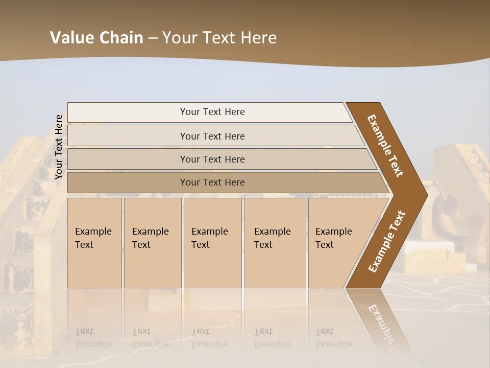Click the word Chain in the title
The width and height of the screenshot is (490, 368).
[121, 38]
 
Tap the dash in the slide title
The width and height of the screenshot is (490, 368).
[153, 38]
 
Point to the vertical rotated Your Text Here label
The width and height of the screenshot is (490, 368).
[59, 147]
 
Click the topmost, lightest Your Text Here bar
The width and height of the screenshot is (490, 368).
[212, 112]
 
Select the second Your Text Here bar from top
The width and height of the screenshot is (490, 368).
[212, 136]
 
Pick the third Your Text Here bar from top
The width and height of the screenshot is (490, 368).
[212, 159]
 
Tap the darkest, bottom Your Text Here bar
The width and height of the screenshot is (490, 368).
[212, 182]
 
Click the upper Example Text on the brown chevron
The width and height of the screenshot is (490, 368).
[385, 145]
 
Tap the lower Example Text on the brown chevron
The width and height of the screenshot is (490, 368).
[386, 241]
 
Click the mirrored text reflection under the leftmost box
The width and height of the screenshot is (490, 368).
[92, 338]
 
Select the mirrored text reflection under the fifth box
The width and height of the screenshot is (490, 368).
[333, 338]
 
